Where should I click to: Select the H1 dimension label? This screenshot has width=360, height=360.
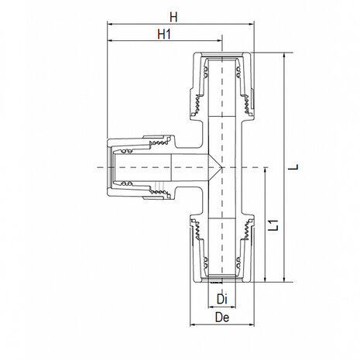click(163, 36)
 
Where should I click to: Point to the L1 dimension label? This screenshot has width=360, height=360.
click(273, 226)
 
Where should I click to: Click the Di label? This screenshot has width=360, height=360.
click(221, 299)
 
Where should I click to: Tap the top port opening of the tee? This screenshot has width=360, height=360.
click(221, 54)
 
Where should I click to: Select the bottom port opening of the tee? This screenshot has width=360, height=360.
click(221, 282)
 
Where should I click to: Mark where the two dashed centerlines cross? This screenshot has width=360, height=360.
click(221, 167)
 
